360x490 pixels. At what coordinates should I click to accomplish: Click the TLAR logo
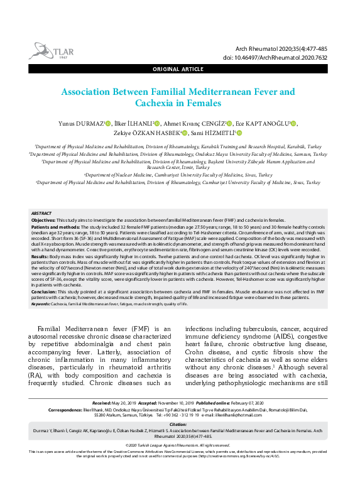tap(47, 50)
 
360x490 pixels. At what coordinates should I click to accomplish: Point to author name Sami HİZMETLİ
tap(213, 133)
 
